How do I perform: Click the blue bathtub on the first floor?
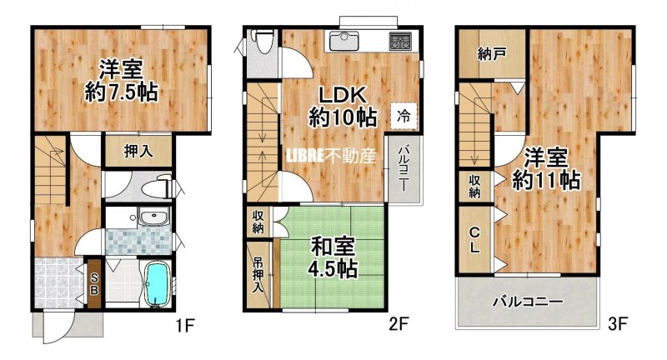(158, 283)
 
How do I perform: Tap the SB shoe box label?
(94, 283)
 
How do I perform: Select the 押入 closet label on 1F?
(138, 152)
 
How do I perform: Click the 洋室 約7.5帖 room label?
(121, 81)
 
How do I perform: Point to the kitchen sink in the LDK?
(344, 41)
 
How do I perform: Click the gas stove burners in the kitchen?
(400, 41)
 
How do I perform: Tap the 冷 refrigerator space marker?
(404, 116)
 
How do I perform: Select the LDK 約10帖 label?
(343, 107)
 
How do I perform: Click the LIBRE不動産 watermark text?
(331, 156)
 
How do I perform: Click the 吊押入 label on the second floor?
(258, 275)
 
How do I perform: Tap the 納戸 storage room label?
(492, 54)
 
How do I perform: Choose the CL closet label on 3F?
(474, 240)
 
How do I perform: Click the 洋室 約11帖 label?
(546, 168)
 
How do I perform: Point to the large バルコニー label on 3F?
(528, 302)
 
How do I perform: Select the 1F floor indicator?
(185, 326)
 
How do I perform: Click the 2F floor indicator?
(399, 325)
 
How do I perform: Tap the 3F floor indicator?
(618, 325)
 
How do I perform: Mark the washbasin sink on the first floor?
(154, 217)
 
